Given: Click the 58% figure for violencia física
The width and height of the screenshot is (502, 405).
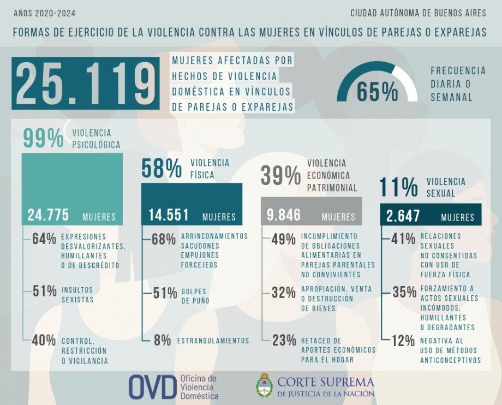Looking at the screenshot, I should point(162,169).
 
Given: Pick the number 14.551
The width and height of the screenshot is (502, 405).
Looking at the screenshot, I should point(169,215).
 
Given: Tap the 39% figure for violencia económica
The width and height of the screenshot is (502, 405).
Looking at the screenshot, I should point(280,176).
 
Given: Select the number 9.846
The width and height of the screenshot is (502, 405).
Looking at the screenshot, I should point(284,215).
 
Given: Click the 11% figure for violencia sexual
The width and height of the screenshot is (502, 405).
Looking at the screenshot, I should point(398,187).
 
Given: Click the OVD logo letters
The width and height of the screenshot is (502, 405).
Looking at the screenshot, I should point(152,386).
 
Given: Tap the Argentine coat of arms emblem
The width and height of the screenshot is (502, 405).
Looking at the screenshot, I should point(265,385).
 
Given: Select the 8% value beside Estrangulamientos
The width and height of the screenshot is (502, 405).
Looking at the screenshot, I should point(162,340).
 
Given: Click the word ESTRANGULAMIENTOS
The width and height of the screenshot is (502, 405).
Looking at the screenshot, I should point(213,341).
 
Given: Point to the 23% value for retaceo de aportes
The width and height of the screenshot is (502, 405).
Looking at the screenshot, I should point(284,341).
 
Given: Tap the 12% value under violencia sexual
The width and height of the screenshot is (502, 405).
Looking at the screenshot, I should point(403,341).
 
